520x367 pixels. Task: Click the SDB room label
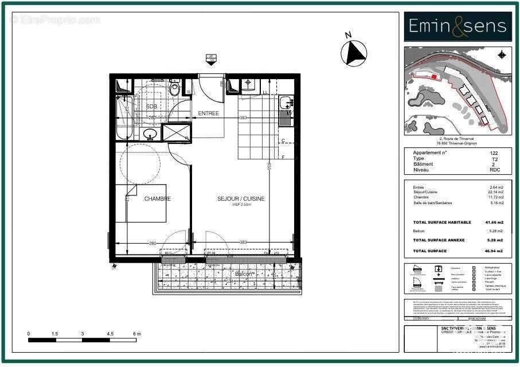[x=151, y=107]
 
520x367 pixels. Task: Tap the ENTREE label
[x=209, y=114]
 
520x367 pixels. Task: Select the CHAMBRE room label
[x=157, y=199]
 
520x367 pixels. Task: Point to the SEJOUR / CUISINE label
[x=241, y=199]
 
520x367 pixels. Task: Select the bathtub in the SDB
[x=124, y=118]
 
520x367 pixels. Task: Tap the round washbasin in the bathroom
[x=150, y=134]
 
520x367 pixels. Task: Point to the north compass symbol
[x=354, y=53]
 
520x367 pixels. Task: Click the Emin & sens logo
[x=458, y=26]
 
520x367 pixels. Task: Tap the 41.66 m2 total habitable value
[x=494, y=222]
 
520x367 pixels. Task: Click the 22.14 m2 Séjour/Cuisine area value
[x=497, y=192]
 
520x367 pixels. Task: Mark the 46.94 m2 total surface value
[x=494, y=251]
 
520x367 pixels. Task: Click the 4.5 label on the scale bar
[x=110, y=333]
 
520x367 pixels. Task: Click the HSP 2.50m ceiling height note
[x=241, y=205]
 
